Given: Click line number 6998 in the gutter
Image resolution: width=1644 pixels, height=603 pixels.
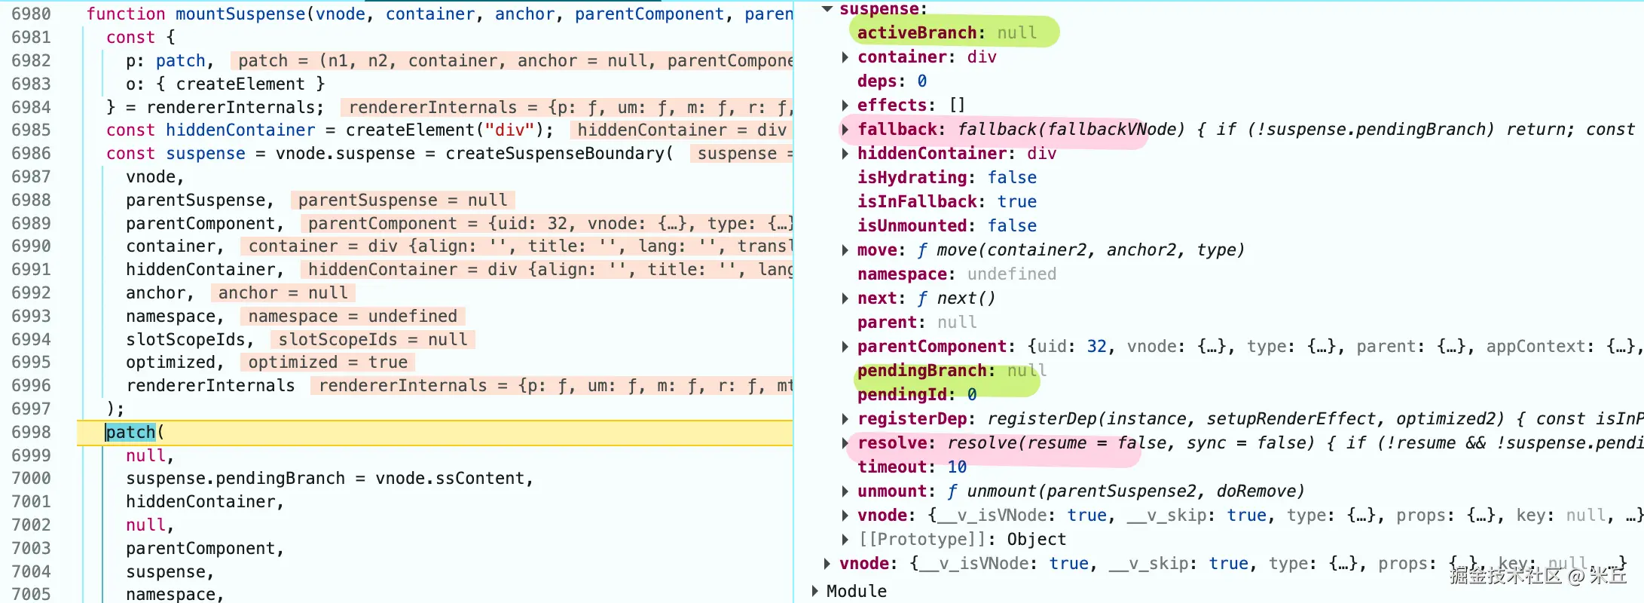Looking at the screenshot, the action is pos(32,432).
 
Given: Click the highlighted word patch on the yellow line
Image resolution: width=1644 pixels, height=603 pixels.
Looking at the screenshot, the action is pos(130,432).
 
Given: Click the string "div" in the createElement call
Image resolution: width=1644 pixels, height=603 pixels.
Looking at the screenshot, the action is pos(510,130).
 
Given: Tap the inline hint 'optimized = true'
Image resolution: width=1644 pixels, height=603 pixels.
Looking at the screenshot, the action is pos(328,363).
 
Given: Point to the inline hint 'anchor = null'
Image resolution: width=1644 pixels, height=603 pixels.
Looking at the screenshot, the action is pos(283,292).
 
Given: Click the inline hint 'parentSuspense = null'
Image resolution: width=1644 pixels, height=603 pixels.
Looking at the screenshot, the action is pos(403,200).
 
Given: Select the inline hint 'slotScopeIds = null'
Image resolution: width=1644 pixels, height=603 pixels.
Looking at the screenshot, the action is pos(373,339).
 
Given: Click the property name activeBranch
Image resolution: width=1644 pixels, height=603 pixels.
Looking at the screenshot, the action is pos(917,32).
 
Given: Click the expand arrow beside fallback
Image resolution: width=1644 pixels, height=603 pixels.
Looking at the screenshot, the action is pos(845,130).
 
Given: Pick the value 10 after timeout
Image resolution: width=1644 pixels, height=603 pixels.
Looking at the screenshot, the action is pos(957,467).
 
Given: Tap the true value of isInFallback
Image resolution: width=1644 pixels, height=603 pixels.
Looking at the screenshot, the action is pos(1017,201).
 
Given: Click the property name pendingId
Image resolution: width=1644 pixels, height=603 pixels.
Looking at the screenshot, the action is pos(902,394).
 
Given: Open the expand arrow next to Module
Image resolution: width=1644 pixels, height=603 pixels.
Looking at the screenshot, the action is pos(814,591).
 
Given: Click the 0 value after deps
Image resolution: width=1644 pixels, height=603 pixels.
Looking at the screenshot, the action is pos(921,81).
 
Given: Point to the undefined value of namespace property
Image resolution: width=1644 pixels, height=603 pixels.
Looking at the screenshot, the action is pos(1012,274).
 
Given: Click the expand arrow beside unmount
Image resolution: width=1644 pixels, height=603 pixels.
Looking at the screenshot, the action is pos(845,491).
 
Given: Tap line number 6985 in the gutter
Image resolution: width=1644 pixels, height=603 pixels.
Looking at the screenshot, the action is pos(32,130).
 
